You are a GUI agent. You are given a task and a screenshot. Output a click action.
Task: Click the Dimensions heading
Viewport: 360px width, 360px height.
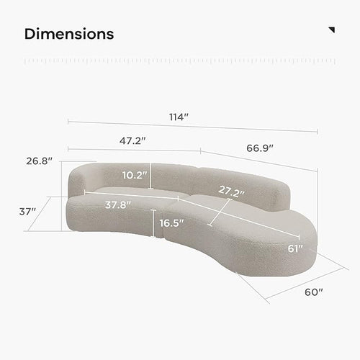click(69, 34)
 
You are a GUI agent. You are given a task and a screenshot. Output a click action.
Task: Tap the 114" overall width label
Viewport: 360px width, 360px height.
click(179, 117)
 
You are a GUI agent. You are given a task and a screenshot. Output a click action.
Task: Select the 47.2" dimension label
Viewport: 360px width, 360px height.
click(132, 140)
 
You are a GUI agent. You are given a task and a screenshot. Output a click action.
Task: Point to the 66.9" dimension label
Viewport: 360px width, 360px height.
click(260, 148)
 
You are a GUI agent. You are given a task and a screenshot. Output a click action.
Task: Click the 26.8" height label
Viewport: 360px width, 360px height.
click(39, 161)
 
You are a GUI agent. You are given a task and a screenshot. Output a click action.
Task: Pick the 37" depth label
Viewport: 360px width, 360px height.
click(27, 212)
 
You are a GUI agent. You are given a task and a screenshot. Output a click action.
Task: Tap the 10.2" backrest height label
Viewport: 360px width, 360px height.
click(135, 175)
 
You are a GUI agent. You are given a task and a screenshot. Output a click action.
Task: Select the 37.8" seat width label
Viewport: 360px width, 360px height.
click(118, 205)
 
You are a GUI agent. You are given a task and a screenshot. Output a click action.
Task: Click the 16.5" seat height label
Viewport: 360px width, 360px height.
click(171, 223)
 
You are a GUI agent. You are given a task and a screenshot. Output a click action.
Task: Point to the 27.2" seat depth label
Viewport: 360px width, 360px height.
click(231, 191)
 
